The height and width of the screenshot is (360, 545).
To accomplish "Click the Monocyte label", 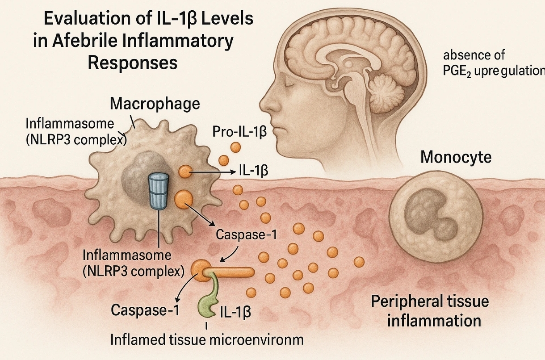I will click(456, 157).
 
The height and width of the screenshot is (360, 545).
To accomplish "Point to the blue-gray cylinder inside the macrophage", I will click(157, 191).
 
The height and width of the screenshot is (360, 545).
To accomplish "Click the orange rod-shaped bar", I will click(232, 271).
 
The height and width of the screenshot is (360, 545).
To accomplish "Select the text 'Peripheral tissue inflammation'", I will click(430, 311).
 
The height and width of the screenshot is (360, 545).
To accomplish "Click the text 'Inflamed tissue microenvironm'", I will click(207, 339).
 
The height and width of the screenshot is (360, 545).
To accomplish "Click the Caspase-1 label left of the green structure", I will click(145, 310).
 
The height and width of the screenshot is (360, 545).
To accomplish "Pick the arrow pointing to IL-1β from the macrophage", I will click(212, 172).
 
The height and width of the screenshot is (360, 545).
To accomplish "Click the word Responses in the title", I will click(132, 63).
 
